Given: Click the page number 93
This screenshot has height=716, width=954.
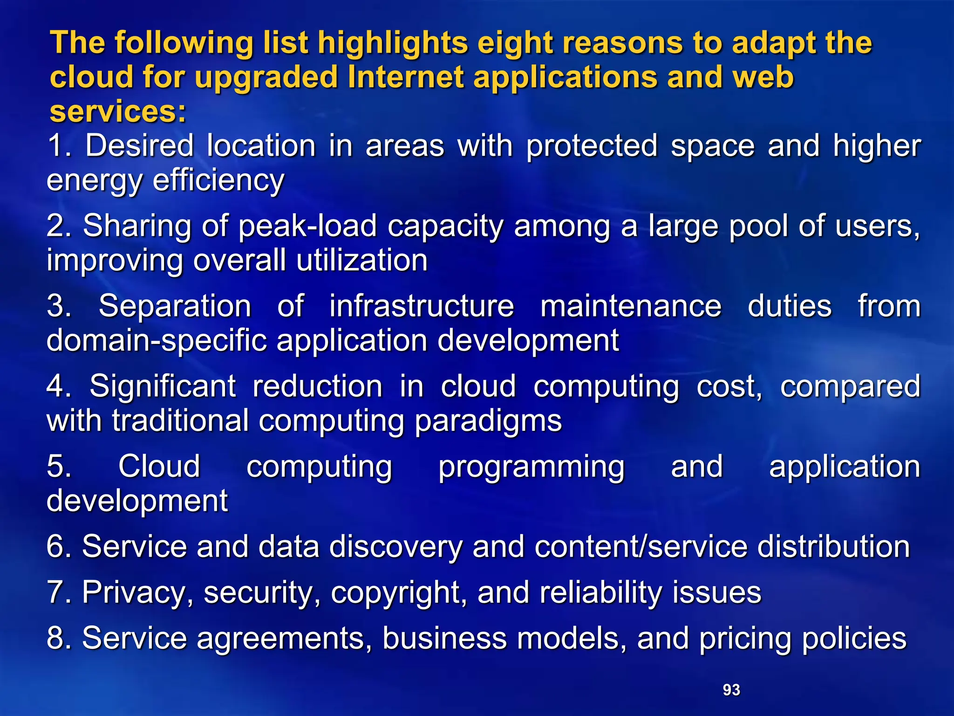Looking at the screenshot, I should (x=731, y=690).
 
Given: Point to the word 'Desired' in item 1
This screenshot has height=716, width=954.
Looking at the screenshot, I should (x=139, y=146).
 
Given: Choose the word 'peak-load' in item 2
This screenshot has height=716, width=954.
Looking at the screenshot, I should (x=307, y=226).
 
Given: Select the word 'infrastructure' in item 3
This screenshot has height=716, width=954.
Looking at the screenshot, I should (x=422, y=306).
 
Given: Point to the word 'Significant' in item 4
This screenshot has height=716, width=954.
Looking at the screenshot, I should (x=163, y=387).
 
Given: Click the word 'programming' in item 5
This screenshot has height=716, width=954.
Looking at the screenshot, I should (x=531, y=467).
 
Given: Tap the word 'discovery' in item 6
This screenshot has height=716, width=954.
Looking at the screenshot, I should (x=395, y=546).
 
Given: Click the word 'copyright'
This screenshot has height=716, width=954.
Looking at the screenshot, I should (x=399, y=593).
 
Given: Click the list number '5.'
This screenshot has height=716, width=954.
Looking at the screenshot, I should (x=59, y=467).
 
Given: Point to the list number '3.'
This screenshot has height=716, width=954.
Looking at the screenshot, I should (x=59, y=307).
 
